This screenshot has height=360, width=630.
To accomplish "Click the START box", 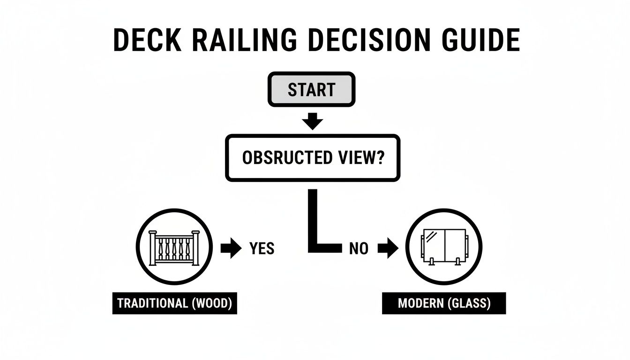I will (312, 89).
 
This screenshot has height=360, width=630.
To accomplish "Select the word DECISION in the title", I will (368, 40).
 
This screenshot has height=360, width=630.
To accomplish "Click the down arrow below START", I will (312, 122).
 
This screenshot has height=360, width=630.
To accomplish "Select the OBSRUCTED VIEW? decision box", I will (313, 158).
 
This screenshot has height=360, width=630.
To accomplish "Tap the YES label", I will (262, 248).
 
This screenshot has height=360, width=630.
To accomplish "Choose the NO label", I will (359, 248).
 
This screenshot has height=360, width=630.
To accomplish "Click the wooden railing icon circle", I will (174, 247).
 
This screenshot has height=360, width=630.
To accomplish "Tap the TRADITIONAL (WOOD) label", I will (174, 303).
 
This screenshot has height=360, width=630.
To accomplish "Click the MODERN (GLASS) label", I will (444, 303).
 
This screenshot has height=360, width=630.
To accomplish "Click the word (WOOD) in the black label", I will (212, 303).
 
